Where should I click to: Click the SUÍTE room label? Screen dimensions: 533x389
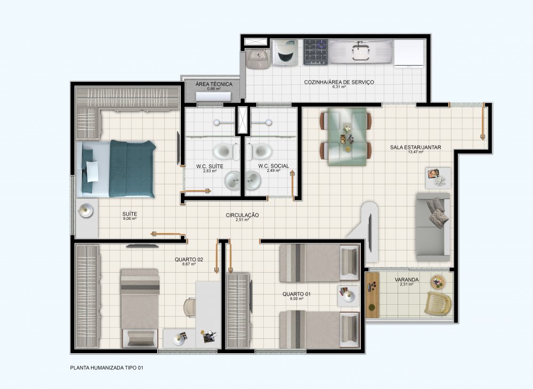point(130,214)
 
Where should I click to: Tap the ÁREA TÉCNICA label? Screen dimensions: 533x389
point(214,84)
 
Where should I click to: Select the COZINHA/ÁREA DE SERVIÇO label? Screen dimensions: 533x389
point(339,82)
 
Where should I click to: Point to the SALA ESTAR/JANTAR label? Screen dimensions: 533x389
point(415,147)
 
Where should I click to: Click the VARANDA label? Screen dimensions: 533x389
point(407,280)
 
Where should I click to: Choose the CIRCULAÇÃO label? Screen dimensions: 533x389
point(242,215)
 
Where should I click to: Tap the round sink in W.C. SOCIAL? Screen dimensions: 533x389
point(253,180)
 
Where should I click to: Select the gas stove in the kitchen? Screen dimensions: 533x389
point(316,52)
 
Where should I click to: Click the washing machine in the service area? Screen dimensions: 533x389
point(285,53)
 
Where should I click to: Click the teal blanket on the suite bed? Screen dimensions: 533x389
point(132,169)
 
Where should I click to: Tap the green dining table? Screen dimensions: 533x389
point(347,137)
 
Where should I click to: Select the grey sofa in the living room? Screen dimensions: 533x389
point(433,227)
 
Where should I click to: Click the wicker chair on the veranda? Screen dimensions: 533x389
point(438,303)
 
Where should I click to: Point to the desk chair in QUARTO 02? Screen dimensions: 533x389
point(189,307)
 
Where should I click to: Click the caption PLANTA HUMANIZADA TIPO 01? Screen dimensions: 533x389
point(107,368)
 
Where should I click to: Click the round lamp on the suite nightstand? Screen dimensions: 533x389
point(85,211)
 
